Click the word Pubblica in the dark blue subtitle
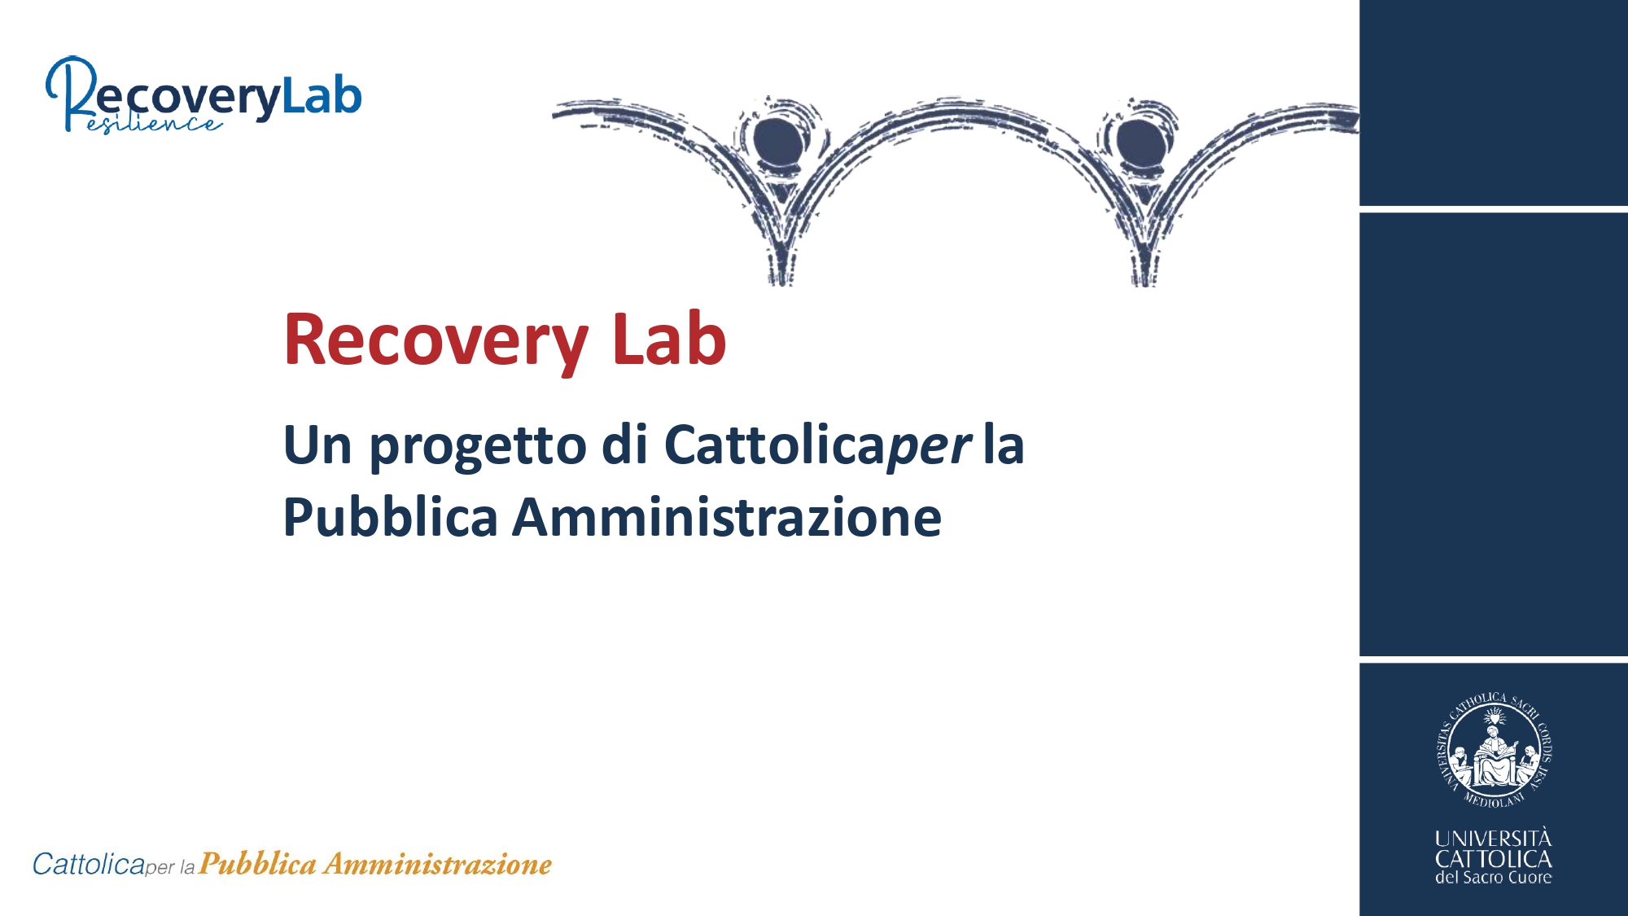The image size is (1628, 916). point(390,518)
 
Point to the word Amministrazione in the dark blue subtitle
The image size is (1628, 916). point(727,518)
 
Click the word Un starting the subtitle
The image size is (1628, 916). point(317,445)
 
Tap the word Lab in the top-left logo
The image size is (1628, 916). point(322,96)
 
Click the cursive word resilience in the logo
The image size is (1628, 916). point(154,124)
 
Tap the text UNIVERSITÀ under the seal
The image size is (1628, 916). point(1494,838)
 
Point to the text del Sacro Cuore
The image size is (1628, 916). point(1494,877)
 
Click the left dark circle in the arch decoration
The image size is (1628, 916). point(778,141)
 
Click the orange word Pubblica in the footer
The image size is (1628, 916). point(258,864)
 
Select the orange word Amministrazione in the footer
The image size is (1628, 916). point(438,864)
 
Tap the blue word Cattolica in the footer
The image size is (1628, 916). point(89,864)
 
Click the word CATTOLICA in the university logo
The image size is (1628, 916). point(1494,859)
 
